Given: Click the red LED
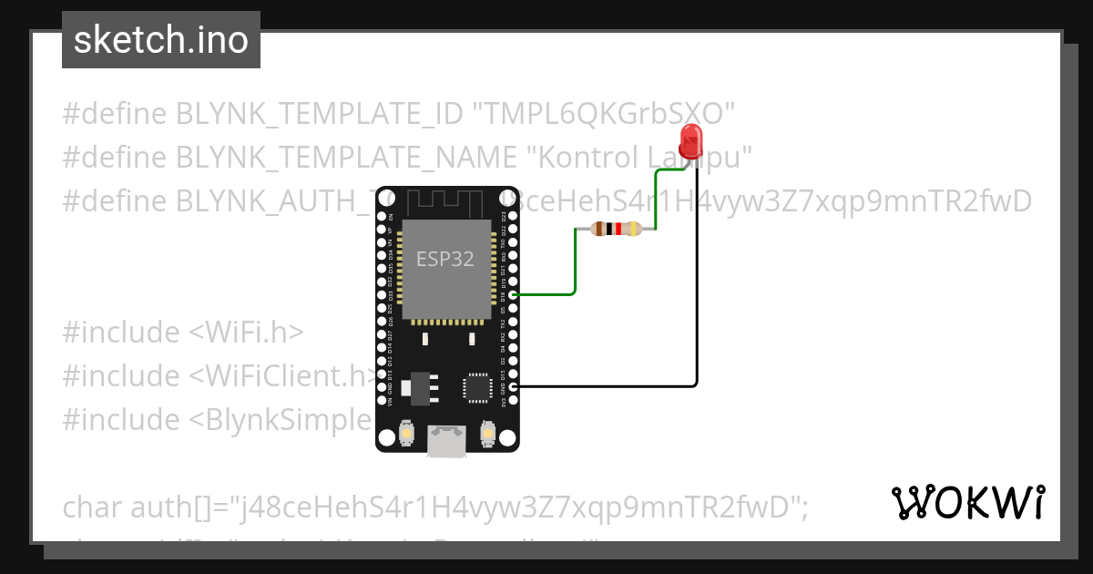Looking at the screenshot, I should (692, 142).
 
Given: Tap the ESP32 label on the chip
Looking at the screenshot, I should (445, 259).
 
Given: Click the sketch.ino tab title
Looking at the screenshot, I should (161, 40).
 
